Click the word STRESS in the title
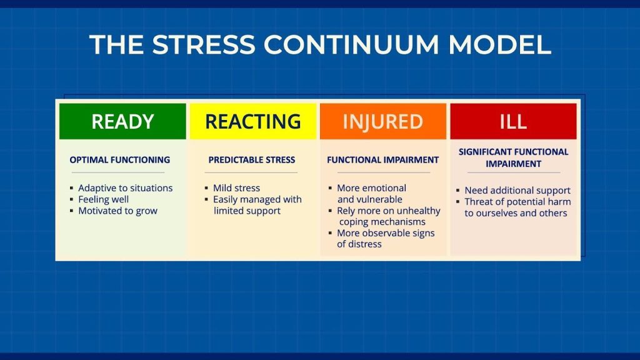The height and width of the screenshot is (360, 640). [203, 45]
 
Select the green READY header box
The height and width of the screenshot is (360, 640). [122, 121]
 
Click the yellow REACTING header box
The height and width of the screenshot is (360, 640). [253, 121]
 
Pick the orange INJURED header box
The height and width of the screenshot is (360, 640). [382, 121]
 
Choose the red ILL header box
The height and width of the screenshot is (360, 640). [512, 121]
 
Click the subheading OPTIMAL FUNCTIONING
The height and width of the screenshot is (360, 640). [119, 160]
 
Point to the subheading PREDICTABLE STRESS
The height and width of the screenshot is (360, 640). [251, 160]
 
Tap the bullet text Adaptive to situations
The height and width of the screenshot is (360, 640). [125, 188]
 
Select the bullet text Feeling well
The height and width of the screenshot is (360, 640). [103, 199]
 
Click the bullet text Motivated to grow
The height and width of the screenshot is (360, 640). [117, 211]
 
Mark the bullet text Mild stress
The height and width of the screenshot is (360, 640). [236, 188]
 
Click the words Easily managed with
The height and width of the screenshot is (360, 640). [257, 199]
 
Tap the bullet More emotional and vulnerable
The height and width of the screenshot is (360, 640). [371, 194]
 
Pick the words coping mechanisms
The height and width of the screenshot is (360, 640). [382, 222]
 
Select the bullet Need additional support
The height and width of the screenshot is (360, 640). [517, 191]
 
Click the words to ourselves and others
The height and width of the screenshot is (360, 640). [515, 213]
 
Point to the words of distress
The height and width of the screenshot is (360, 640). [359, 244]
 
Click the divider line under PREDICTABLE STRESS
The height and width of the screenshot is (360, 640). [251, 172]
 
